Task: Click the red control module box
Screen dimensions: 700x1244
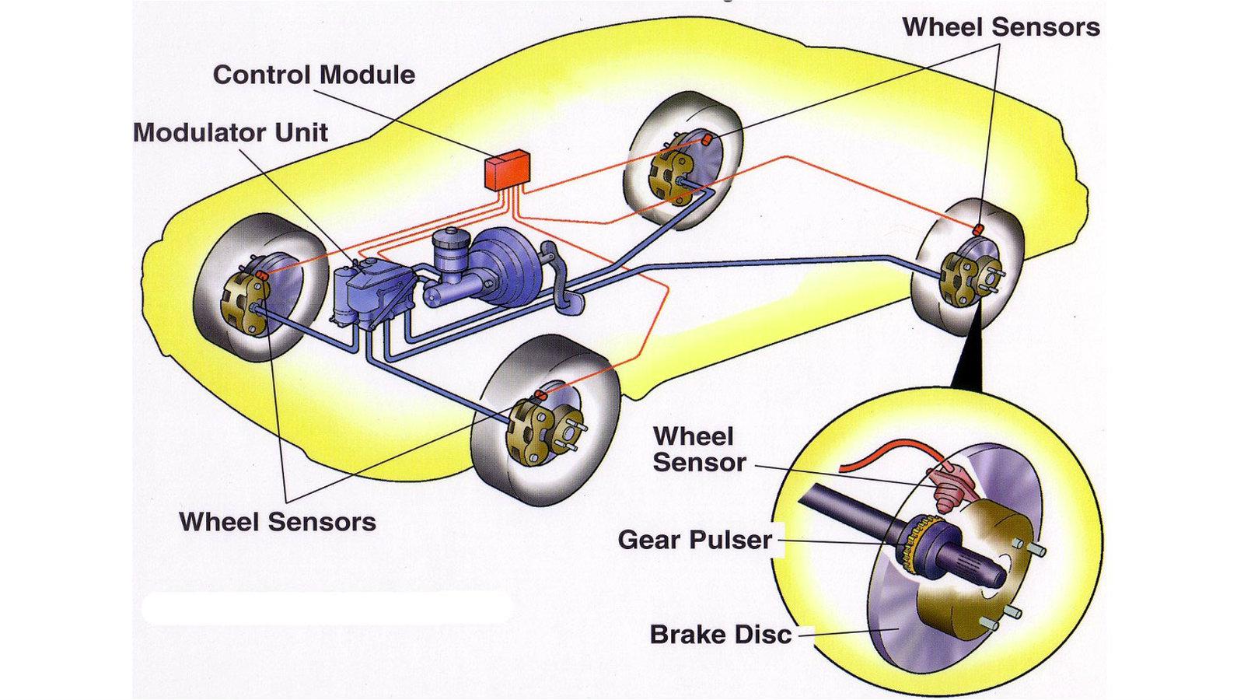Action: [x=506, y=170]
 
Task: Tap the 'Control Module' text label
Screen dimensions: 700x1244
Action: [x=313, y=75]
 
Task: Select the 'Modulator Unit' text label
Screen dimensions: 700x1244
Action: [x=230, y=132]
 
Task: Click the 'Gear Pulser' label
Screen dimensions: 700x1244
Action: [x=694, y=540]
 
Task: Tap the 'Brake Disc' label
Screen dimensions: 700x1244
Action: [x=720, y=635]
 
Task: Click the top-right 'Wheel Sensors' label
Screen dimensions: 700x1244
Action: [x=1001, y=27]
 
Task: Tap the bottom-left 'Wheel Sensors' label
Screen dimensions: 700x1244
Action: [x=278, y=522]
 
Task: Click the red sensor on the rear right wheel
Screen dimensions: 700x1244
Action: [x=979, y=229]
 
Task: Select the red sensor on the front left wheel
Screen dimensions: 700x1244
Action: [x=262, y=275]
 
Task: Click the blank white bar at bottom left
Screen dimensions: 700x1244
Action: [x=327, y=607]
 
